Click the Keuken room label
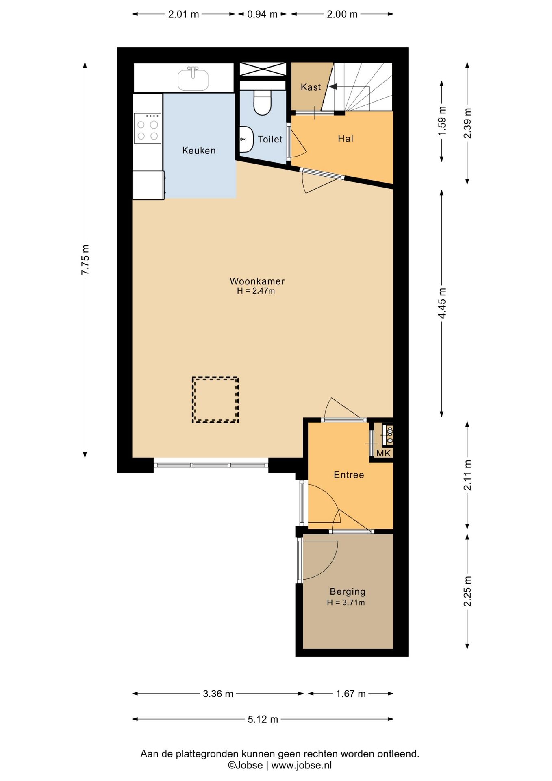click(199, 151)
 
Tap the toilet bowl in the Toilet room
click(262, 102)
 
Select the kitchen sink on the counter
click(193, 79)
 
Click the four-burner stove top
click(148, 128)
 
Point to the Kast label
click(311, 87)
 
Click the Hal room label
click(346, 139)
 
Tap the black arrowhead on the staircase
click(333, 87)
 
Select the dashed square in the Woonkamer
click(215, 400)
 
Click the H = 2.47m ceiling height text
click(256, 291)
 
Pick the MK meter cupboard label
click(383, 453)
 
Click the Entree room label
click(349, 475)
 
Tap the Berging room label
click(348, 592)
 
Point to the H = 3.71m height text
click(346, 603)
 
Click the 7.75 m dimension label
click(85, 260)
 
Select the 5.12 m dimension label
click(263, 719)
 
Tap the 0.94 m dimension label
click(262, 14)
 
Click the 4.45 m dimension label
click(442, 303)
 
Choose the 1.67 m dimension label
click(351, 694)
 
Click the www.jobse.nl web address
click(302, 765)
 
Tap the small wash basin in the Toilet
click(246, 139)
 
